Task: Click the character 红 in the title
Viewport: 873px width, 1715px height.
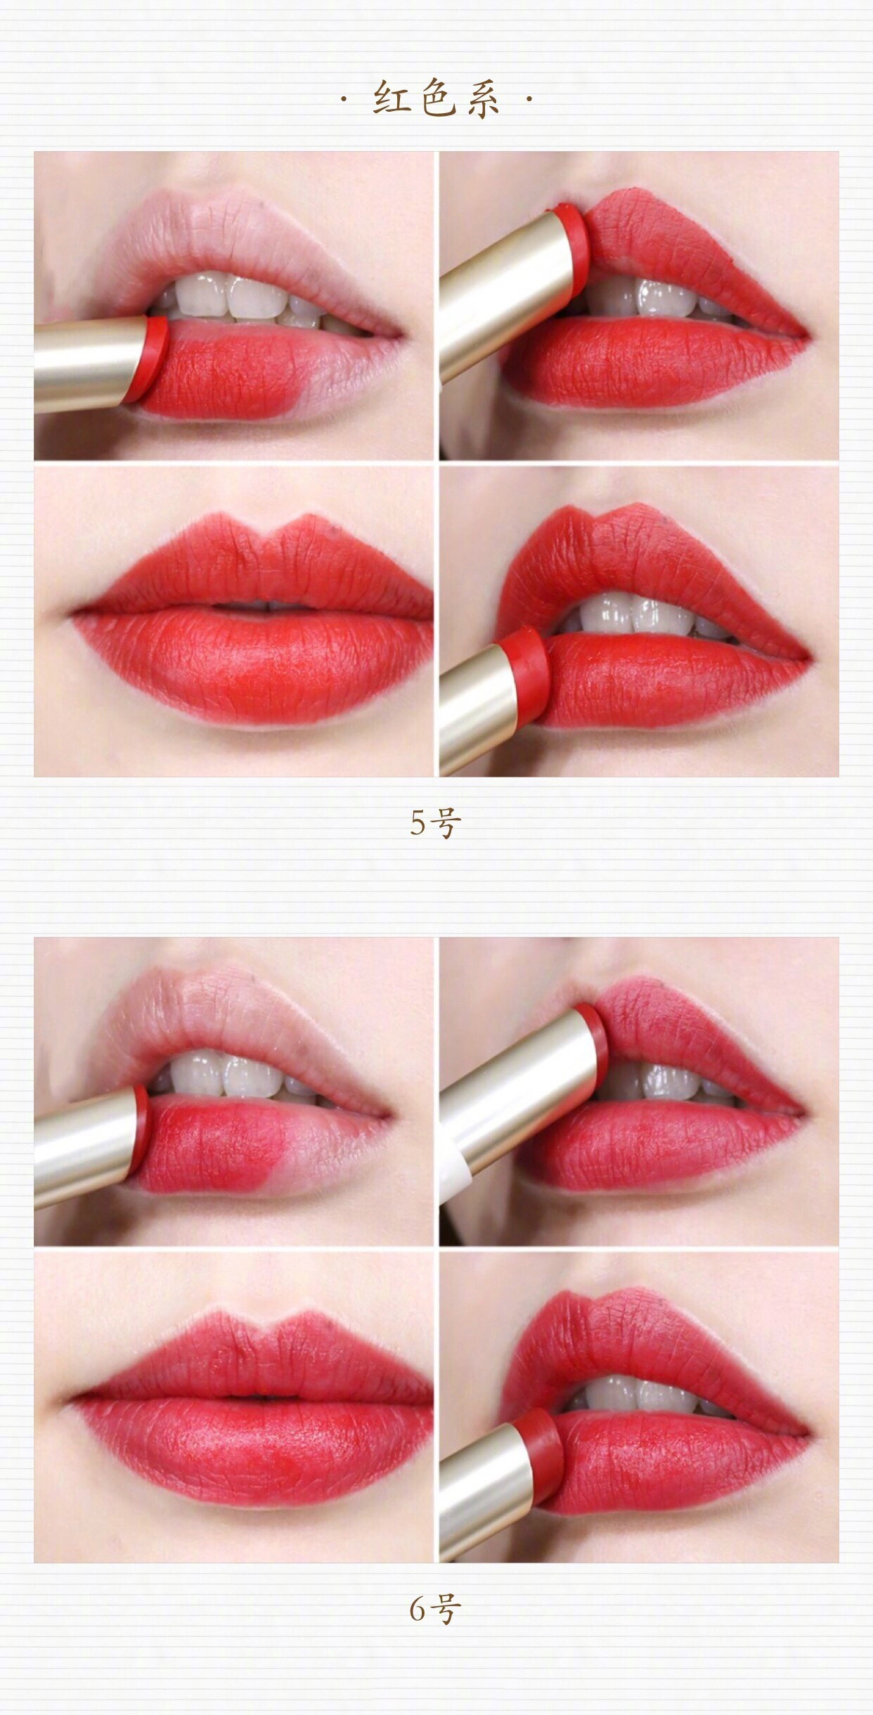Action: [392, 99]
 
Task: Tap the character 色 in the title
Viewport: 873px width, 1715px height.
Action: [436, 99]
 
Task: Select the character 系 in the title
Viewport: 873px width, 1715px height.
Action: [480, 99]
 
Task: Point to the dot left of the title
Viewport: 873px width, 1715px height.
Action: [344, 100]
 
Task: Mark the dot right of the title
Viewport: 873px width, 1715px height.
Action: [529, 100]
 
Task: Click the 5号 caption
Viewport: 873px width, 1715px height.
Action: [436, 822]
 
